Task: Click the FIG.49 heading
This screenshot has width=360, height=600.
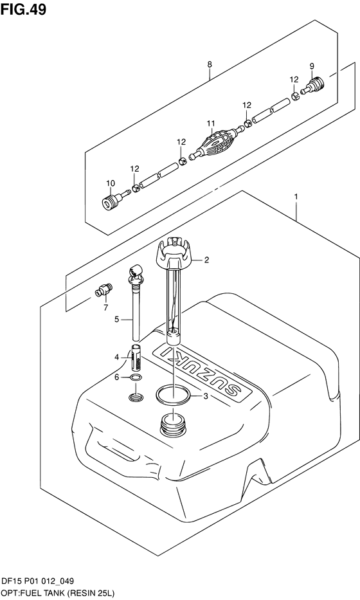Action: tap(23, 9)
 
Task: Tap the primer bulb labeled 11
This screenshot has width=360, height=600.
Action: tap(215, 142)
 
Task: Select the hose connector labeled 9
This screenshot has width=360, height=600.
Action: tap(312, 86)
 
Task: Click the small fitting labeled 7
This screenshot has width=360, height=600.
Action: tap(104, 289)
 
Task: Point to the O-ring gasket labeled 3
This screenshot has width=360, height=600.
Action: tap(173, 395)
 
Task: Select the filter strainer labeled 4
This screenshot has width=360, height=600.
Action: tap(136, 358)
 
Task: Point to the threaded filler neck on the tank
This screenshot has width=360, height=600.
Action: tap(174, 424)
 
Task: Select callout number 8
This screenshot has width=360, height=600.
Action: tap(210, 65)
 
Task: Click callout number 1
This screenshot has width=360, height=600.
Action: tap(296, 196)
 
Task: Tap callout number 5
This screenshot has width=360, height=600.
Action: tap(117, 319)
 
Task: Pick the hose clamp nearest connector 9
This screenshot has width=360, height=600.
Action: tap(295, 96)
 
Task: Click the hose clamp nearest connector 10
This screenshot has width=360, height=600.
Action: tap(136, 188)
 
